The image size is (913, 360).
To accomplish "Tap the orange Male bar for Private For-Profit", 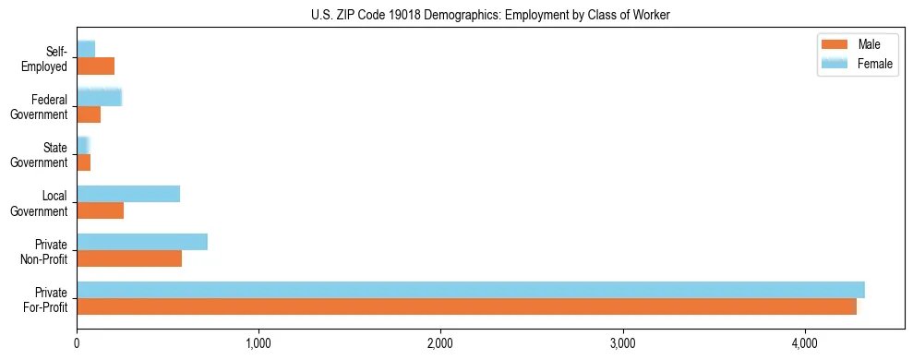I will [466, 306].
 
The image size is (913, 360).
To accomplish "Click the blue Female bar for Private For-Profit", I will [471, 290].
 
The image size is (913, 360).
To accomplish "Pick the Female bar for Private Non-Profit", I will [142, 242].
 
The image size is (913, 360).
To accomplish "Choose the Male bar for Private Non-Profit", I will [129, 258].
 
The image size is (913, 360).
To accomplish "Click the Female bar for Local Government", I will [128, 194].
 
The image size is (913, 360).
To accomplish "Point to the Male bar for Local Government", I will [100, 210].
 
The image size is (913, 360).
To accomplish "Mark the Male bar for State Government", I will [83, 162].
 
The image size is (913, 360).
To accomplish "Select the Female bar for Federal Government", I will [99, 98].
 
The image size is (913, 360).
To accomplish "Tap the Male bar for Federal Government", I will [89, 114].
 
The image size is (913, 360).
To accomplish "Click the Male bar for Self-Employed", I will [95, 66].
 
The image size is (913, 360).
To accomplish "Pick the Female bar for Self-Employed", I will [86, 49].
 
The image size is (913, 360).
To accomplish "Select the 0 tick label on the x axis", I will [77, 343].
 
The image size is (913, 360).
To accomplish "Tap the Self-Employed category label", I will [49, 59].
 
